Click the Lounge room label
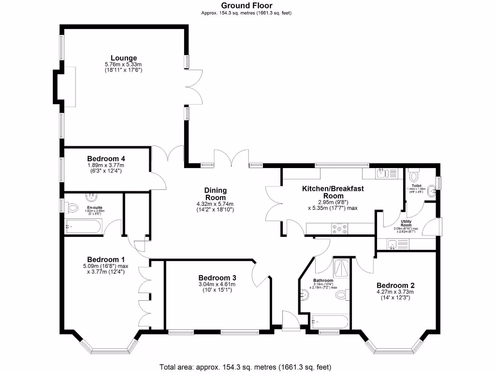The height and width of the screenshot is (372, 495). [x=123, y=58]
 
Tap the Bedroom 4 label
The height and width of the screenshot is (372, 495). [x=106, y=158]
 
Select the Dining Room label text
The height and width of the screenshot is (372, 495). [x=216, y=194]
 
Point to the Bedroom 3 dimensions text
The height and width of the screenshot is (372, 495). [x=218, y=287]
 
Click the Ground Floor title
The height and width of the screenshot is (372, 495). [x=247, y=5]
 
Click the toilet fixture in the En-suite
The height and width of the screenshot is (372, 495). [x=73, y=208]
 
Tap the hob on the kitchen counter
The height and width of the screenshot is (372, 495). [x=339, y=228]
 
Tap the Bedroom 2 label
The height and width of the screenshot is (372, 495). [x=395, y=285]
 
